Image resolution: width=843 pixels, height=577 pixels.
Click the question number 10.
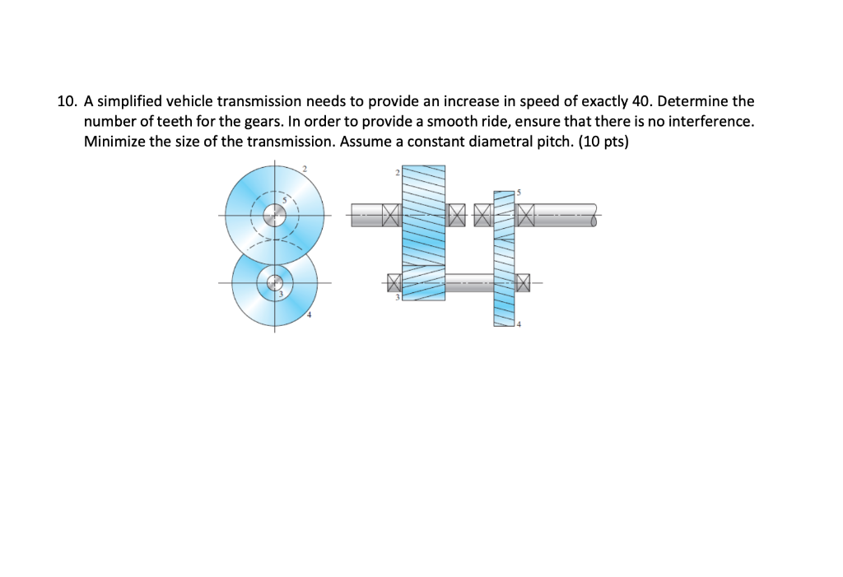click(67, 102)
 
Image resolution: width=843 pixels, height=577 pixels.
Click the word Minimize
click(113, 140)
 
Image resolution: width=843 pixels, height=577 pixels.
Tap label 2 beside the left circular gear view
click(304, 168)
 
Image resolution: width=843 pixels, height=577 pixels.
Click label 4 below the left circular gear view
click(310, 315)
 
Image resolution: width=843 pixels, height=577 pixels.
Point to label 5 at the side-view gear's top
click(519, 192)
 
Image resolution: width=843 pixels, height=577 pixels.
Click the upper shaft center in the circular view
click(275, 216)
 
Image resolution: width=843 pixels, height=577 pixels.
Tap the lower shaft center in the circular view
click(275, 283)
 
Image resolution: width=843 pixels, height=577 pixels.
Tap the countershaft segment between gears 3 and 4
click(468, 283)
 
